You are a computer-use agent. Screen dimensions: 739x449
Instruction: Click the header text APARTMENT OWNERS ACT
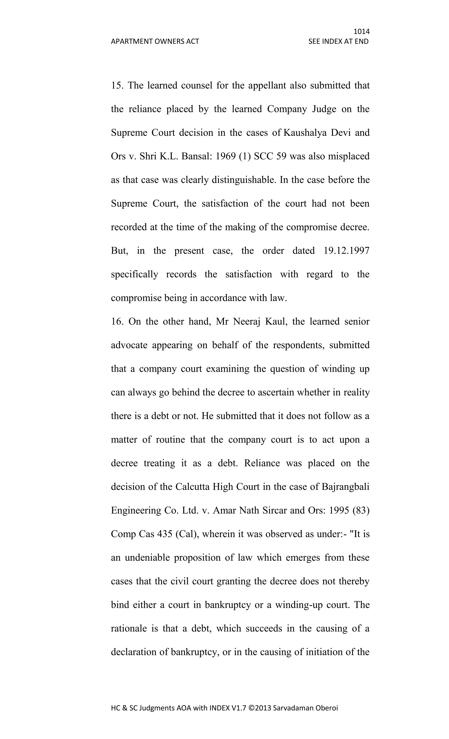(x=155, y=41)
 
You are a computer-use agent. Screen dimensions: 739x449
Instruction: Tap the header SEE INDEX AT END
(x=338, y=41)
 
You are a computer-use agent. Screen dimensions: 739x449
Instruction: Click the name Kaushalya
(x=305, y=133)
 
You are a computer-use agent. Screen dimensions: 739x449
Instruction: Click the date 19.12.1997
(x=346, y=250)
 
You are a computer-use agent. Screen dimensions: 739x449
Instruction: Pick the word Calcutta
(x=192, y=487)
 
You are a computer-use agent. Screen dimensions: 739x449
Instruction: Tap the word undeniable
(x=147, y=558)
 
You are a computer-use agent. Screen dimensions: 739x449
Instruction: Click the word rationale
(x=128, y=628)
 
